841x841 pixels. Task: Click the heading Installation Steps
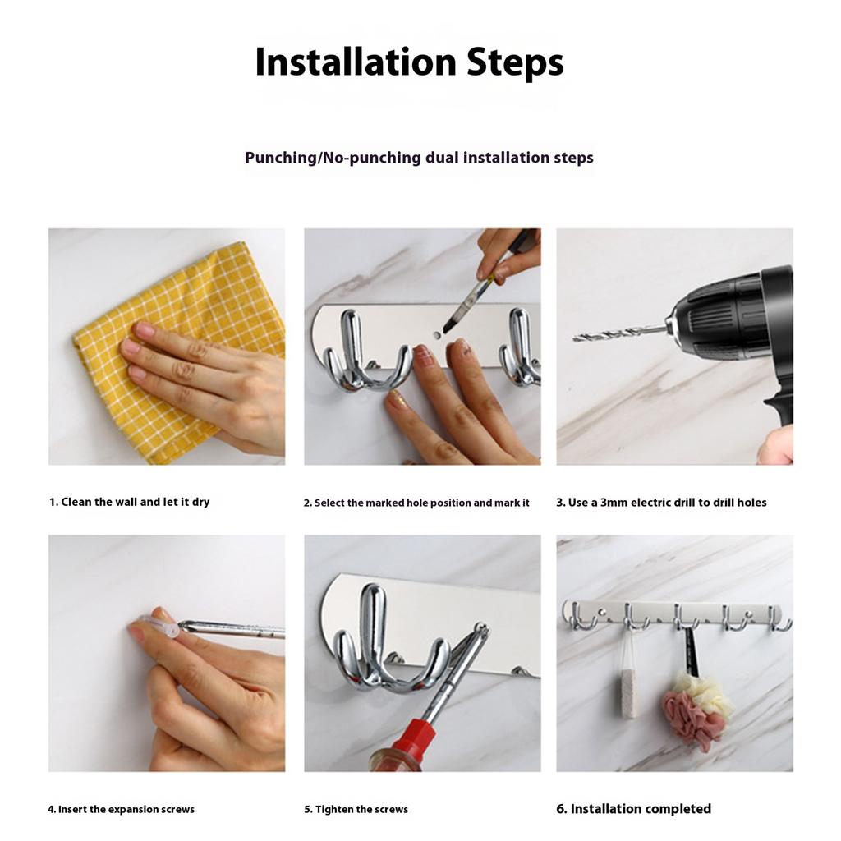[409, 63]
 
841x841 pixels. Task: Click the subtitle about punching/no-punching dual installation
[419, 158]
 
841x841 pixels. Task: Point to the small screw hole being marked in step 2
[437, 335]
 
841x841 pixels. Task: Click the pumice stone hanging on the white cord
[629, 693]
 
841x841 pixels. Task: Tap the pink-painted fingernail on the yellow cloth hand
[143, 329]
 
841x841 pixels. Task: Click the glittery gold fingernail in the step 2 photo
[398, 399]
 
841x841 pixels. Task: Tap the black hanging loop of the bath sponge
[691, 651]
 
